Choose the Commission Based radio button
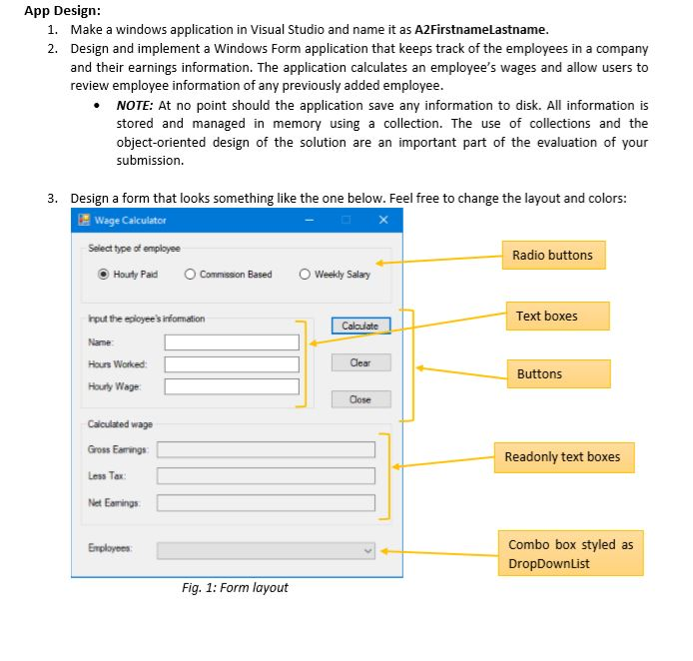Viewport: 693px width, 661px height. [x=191, y=275]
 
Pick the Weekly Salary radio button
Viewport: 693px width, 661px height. [x=306, y=275]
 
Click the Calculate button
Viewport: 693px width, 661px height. [x=359, y=326]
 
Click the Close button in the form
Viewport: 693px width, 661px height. [x=359, y=399]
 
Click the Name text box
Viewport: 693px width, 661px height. [x=232, y=342]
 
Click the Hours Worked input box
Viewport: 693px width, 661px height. [x=232, y=364]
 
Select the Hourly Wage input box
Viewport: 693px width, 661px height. [x=232, y=386]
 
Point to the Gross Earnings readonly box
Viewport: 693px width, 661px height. [x=266, y=449]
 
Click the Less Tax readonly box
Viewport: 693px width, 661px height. [x=266, y=476]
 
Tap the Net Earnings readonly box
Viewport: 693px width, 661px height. [x=266, y=503]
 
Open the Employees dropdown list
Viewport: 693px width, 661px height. [x=266, y=550]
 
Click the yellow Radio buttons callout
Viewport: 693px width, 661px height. [x=552, y=256]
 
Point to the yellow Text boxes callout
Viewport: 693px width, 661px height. [x=546, y=317]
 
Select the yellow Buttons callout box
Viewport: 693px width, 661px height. [x=557, y=374]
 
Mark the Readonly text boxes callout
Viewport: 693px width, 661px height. [x=562, y=457]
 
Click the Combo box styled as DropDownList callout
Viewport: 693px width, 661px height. [x=570, y=553]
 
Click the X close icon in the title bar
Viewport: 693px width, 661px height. [x=383, y=221]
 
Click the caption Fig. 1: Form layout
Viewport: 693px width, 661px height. [x=235, y=587]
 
